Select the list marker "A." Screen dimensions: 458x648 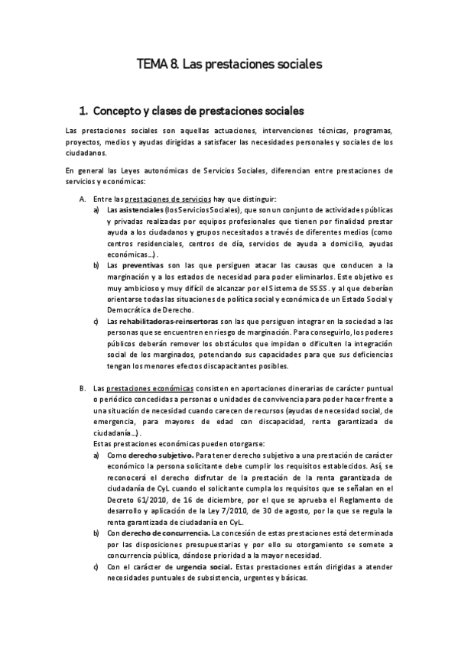click(x=83, y=199)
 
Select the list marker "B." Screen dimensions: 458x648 click(x=83, y=388)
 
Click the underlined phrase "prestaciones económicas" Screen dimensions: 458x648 click(x=150, y=388)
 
